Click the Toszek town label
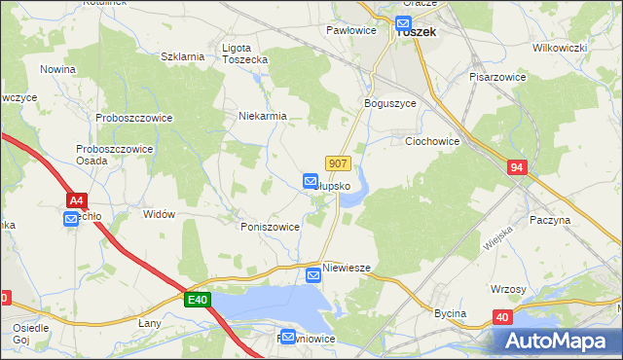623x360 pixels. pos(416,32)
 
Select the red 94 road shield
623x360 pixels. pos(517,168)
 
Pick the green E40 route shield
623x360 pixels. pos(197,302)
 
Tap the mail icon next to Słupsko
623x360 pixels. pos(311,181)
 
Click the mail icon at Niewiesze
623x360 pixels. pos(313,275)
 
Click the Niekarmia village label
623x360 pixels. pos(262,116)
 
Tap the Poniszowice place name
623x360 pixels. pos(270,226)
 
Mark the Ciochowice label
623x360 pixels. pos(431,141)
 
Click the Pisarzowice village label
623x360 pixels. pos(497,76)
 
